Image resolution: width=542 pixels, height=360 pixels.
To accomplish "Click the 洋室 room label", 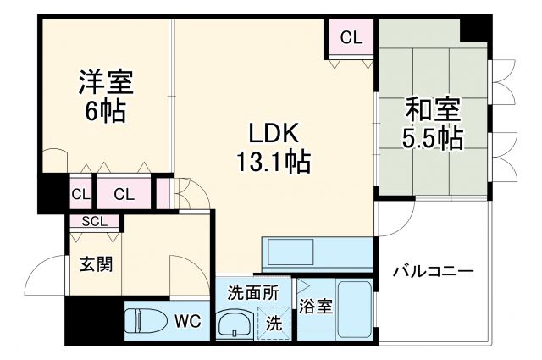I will click(107, 82).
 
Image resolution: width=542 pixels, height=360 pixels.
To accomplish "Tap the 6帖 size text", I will click(105, 110).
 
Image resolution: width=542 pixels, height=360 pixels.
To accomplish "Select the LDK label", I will click(274, 134).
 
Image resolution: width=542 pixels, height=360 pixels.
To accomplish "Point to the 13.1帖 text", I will click(273, 161).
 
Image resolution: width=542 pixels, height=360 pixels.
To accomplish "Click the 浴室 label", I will click(315, 307).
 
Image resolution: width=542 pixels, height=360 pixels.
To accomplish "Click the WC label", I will click(187, 321).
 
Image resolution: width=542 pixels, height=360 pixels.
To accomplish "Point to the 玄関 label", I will click(96, 263).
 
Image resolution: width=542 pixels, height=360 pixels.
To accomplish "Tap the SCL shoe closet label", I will click(94, 222).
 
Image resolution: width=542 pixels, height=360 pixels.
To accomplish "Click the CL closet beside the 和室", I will click(351, 37).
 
